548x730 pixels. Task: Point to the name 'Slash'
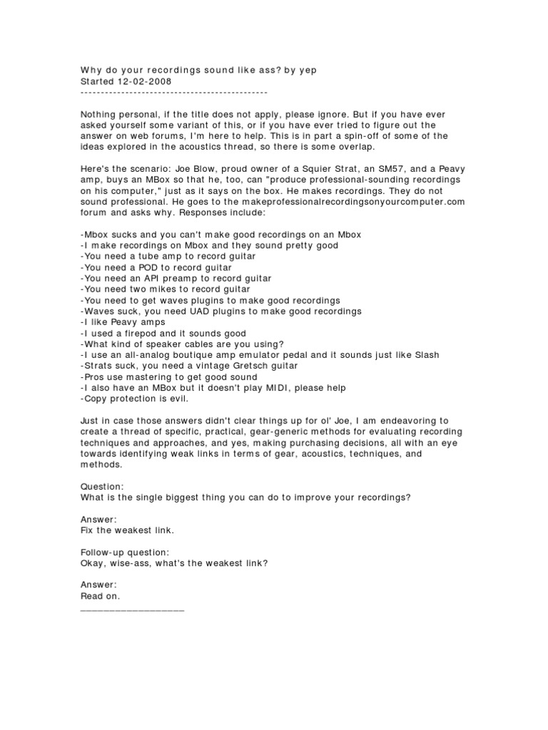(x=425, y=355)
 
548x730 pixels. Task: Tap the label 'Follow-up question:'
(x=125, y=552)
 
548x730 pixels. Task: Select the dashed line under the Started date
(x=173, y=93)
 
